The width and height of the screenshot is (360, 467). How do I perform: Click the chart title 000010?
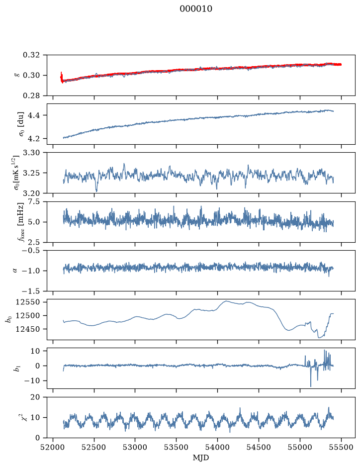tap(196, 9)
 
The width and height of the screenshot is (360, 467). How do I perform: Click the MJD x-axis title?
tap(201, 458)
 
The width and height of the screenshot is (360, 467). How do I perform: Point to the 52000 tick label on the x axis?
tap(53, 447)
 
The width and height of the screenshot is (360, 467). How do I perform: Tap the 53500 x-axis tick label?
tap(177, 447)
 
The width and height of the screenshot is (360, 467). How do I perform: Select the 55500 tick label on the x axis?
tap(341, 447)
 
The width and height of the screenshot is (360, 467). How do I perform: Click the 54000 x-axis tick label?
tap(217, 447)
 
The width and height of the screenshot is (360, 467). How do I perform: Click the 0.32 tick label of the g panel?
tap(31, 55)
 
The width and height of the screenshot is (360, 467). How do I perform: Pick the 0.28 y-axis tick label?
tap(31, 95)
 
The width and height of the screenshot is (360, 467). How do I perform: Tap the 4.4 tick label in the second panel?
tap(33, 115)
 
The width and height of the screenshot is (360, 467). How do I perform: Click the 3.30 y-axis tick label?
tap(31, 153)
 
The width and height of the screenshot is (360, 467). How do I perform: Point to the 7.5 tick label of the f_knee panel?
tap(33, 201)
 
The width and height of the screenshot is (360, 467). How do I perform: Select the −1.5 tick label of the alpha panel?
tap(31, 291)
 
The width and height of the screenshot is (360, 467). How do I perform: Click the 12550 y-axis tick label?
tap(27, 302)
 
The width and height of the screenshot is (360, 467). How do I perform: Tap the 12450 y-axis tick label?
tap(27, 329)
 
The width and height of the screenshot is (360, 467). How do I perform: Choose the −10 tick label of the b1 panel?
tap(32, 380)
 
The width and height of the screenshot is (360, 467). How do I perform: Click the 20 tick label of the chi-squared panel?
tap(35, 397)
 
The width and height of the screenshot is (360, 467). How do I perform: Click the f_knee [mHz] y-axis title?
tap(20, 222)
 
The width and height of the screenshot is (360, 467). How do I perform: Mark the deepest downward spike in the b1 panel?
tap(311, 386)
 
